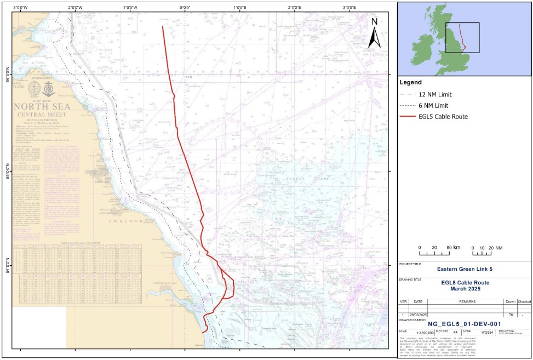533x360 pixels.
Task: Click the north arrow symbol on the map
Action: point(375,33)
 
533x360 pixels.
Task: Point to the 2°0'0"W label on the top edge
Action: point(75,8)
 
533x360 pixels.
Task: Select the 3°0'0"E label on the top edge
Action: point(349,8)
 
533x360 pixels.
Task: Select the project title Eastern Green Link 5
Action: point(465,269)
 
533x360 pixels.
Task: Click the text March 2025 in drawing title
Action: point(465,288)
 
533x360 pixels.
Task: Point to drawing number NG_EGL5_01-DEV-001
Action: point(465,324)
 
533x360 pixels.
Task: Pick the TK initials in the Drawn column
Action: point(511,315)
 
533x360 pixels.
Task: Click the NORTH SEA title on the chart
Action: point(41,106)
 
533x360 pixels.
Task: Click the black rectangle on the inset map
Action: point(462,37)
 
